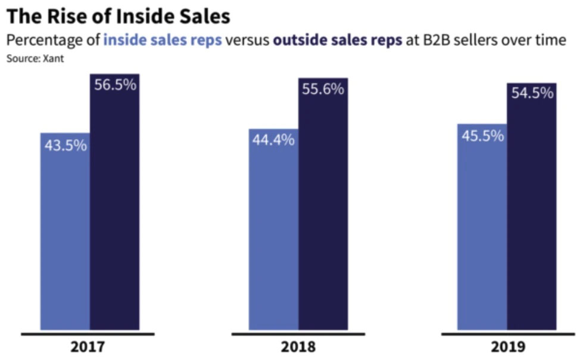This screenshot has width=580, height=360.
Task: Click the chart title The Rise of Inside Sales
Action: tap(118, 16)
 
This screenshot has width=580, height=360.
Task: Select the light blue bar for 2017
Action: tap(65, 238)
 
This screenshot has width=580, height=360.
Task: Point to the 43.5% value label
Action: tap(66, 145)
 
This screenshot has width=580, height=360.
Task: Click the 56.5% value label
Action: tap(115, 84)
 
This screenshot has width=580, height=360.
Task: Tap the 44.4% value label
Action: tap(273, 141)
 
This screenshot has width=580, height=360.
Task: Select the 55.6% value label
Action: tap(323, 89)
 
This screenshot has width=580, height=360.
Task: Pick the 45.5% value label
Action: tap(482, 136)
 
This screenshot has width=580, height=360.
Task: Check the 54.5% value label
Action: tap(532, 93)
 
